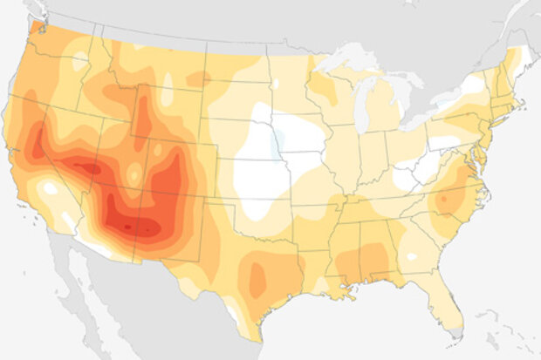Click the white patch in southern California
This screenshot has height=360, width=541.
50,188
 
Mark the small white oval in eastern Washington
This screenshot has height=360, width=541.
79,60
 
